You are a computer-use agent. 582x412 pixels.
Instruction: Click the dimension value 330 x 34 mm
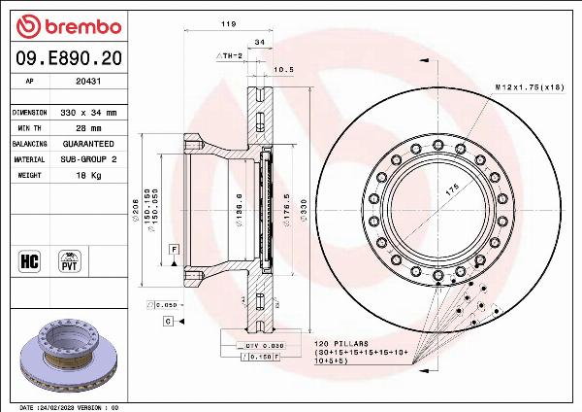[x=89, y=113]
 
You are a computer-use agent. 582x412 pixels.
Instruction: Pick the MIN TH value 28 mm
[x=89, y=127]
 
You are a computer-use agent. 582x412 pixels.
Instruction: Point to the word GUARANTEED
[x=89, y=143]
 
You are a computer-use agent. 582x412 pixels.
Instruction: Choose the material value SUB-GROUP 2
[x=89, y=158]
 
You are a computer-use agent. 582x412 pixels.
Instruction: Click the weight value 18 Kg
[x=89, y=175]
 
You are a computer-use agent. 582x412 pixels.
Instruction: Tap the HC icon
[x=28, y=260]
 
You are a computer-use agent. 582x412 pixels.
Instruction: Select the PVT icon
[x=69, y=260]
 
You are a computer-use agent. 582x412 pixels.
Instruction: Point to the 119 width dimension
[x=229, y=22]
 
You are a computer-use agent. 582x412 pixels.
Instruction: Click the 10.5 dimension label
[x=283, y=69]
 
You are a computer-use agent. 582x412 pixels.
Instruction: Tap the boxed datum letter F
[x=172, y=250]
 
